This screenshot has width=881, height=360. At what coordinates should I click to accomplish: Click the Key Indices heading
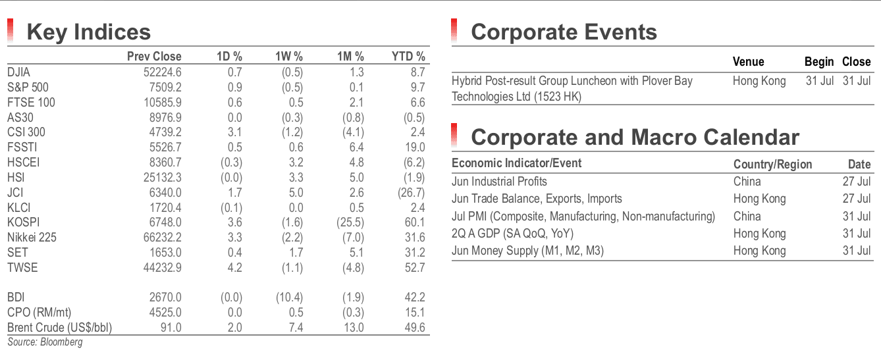point(88,32)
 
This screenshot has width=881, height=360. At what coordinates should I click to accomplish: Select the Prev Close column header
point(154,57)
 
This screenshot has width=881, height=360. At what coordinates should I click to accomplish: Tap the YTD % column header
point(408,57)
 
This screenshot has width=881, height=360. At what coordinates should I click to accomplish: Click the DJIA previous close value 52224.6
point(163,72)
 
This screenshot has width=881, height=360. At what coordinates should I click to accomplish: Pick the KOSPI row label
point(23,222)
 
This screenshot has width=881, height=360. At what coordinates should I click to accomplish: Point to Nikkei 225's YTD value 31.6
point(415,238)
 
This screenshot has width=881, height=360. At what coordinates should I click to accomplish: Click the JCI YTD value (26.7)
point(414,193)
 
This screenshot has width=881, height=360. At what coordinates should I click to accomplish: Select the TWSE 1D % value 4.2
point(235,268)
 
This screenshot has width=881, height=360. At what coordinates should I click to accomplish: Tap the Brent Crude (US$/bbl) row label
point(59,328)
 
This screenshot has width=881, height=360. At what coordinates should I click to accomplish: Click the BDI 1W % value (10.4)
point(290,297)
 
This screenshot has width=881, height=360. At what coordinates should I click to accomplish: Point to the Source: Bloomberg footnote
point(45,342)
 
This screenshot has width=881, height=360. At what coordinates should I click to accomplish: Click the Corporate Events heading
point(564,32)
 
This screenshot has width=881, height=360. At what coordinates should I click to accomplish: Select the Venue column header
point(748,62)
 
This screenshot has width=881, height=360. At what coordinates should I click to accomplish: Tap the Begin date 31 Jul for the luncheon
point(820,81)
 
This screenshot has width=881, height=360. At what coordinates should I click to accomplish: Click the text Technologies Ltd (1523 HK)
point(516,97)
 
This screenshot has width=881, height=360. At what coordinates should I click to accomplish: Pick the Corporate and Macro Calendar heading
point(635,138)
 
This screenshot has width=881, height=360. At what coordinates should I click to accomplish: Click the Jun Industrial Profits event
point(499,182)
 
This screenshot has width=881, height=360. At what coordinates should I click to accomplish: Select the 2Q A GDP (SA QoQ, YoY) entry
point(512,234)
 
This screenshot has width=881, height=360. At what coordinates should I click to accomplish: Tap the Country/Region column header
point(772,165)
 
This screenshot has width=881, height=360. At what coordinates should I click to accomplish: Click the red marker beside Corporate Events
point(454,30)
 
